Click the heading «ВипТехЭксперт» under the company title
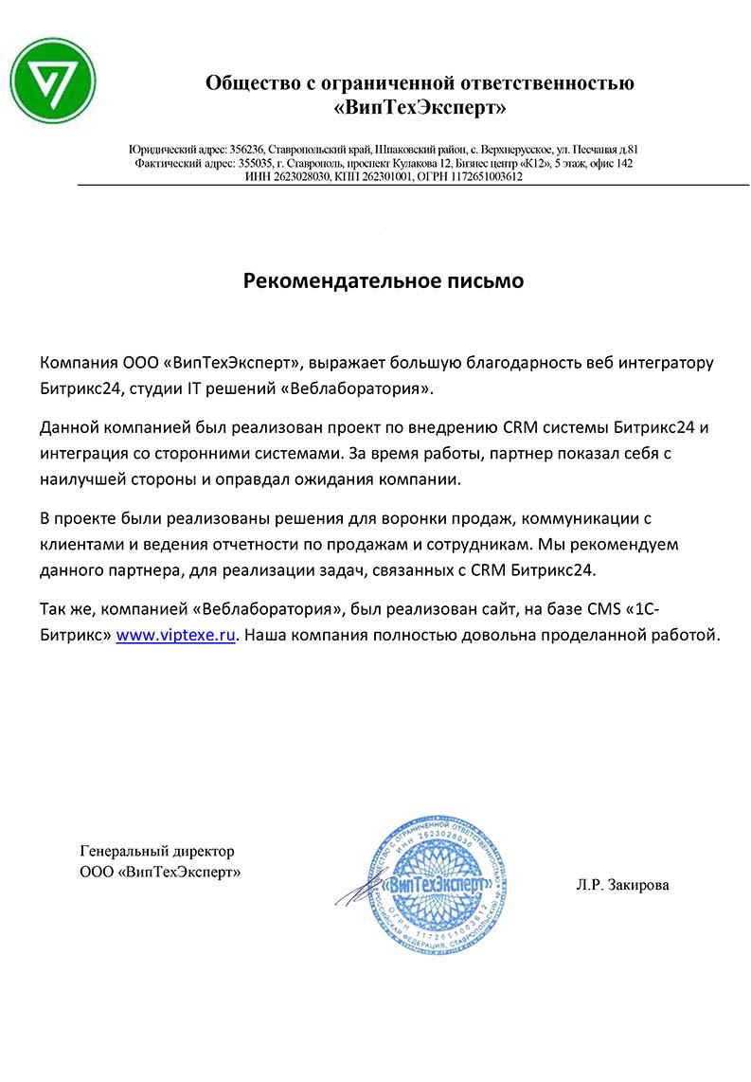click(x=420, y=109)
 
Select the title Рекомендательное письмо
click(x=384, y=280)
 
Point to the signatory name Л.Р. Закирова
click(x=620, y=886)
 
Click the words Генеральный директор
click(x=157, y=852)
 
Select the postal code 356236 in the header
click(x=248, y=150)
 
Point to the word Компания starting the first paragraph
click(x=79, y=363)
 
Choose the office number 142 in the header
click(x=624, y=163)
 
